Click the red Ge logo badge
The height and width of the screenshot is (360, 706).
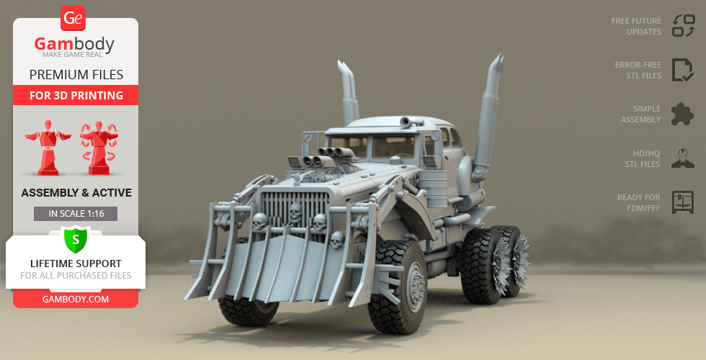tap(73, 18)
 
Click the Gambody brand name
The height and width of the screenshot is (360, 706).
tap(74, 44)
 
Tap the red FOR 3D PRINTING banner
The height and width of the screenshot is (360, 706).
tap(76, 95)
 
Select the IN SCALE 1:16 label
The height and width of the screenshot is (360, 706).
tap(76, 214)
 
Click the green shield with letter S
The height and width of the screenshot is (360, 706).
tap(76, 240)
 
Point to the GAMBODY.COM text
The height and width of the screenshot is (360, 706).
tap(76, 300)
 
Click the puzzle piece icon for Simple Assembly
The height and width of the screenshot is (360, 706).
tap(682, 114)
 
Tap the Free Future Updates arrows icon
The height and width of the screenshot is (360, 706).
tap(683, 26)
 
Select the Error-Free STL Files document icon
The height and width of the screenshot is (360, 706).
tap(683, 70)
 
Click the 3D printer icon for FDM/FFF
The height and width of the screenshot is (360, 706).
tap(683, 202)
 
